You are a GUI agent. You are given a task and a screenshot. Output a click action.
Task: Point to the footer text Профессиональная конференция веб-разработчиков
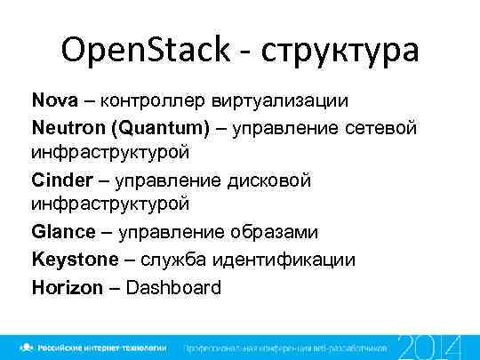[284, 347]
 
